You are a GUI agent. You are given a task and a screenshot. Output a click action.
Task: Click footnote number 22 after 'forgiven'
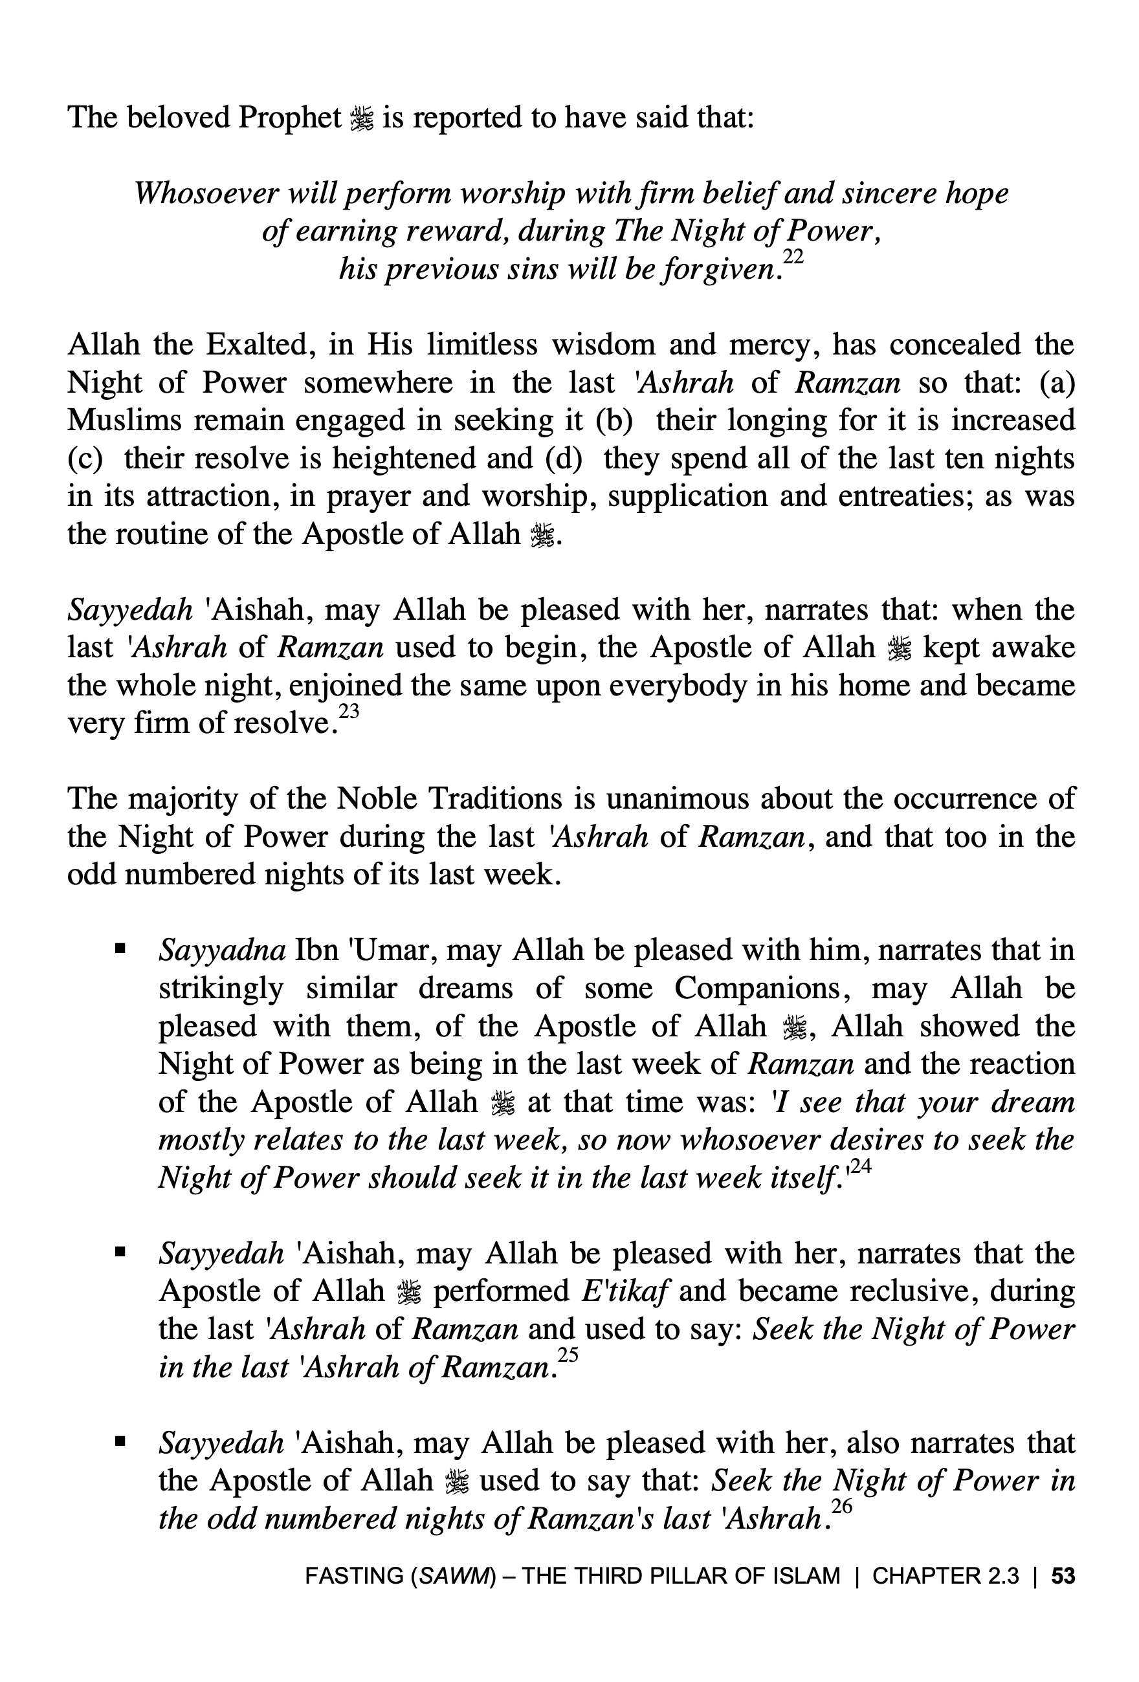[x=793, y=257]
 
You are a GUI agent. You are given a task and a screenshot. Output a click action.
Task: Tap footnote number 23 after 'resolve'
[x=349, y=712]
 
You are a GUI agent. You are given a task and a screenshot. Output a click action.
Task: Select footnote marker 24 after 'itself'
[x=859, y=1165]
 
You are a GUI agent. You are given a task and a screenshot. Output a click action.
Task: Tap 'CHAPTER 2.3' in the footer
[x=945, y=1576]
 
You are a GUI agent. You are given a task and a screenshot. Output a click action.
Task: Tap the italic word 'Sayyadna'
[x=222, y=950]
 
